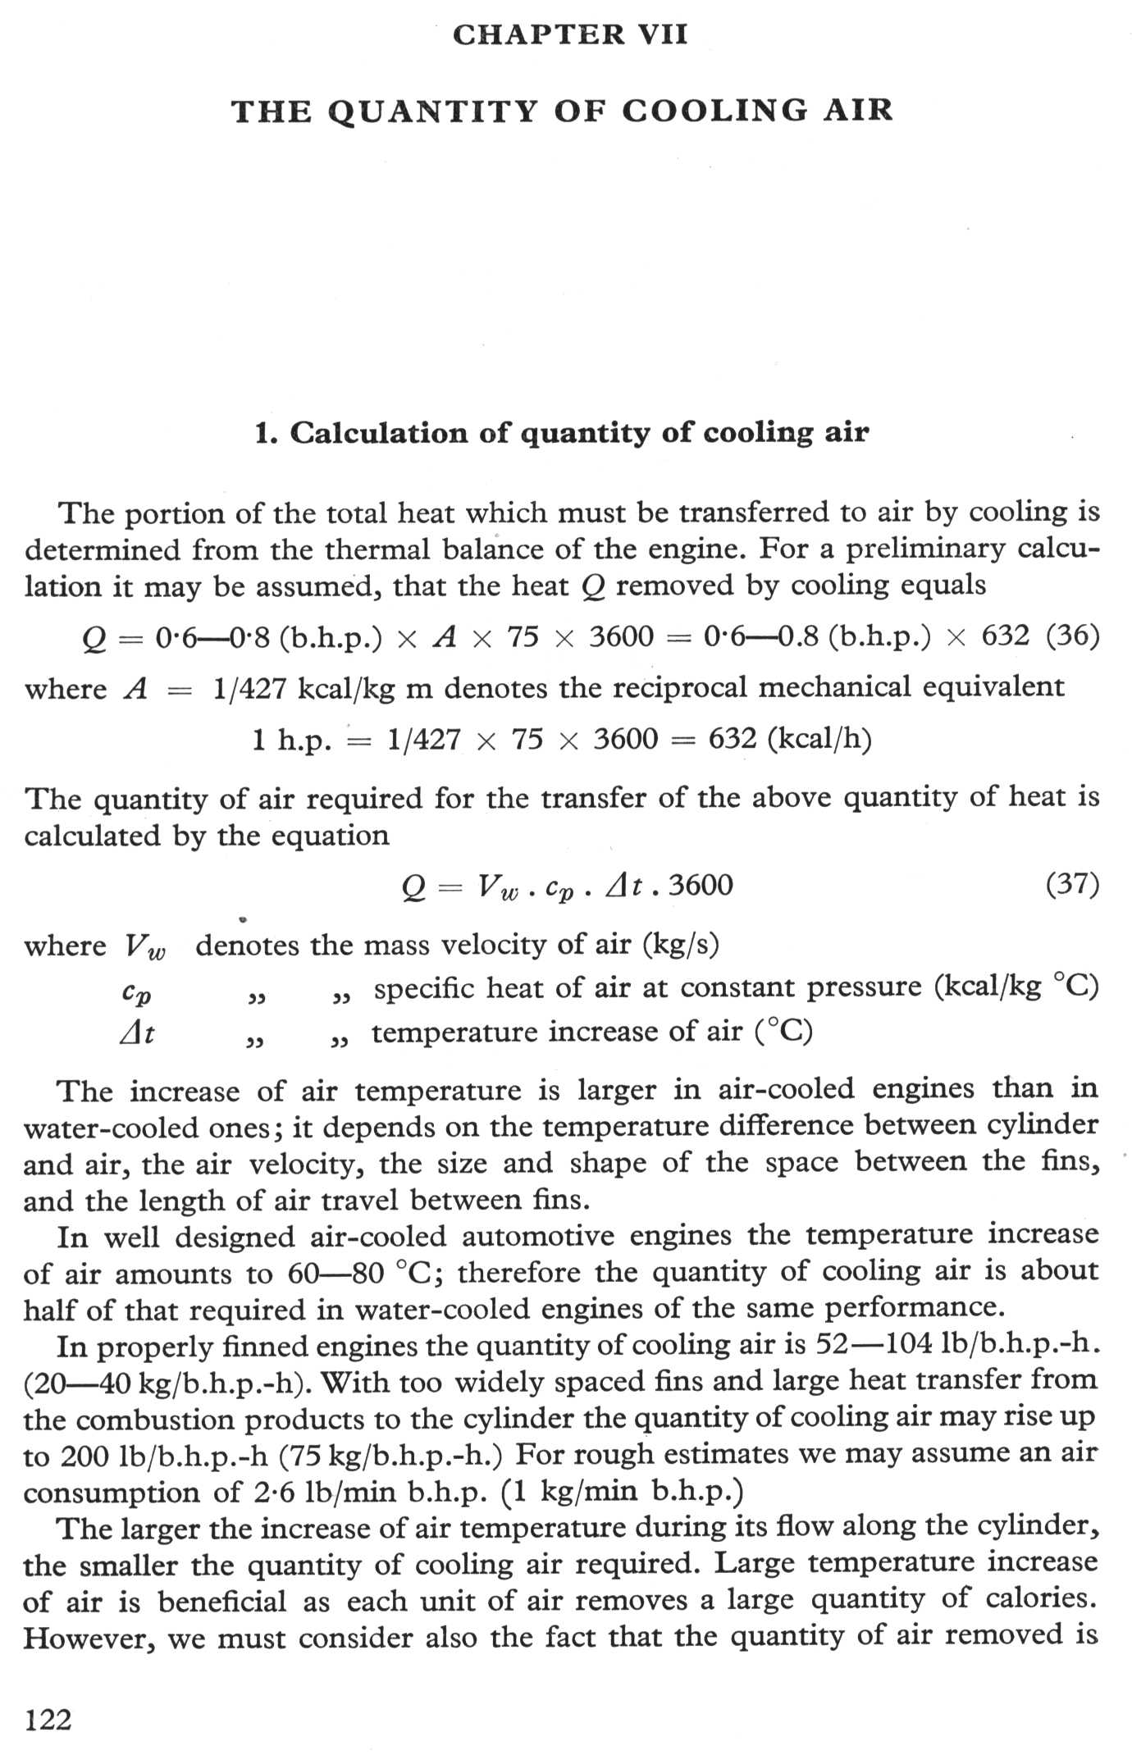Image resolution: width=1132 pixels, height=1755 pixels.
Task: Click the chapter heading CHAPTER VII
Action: (x=570, y=34)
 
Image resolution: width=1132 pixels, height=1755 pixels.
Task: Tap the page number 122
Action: (x=48, y=1718)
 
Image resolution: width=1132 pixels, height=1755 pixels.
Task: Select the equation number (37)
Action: (x=1072, y=884)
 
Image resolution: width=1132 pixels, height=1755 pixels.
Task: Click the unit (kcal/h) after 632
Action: (x=819, y=739)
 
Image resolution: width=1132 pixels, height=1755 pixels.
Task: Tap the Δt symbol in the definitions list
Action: (x=136, y=1033)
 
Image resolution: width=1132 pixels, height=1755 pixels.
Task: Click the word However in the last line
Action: (x=89, y=1637)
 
